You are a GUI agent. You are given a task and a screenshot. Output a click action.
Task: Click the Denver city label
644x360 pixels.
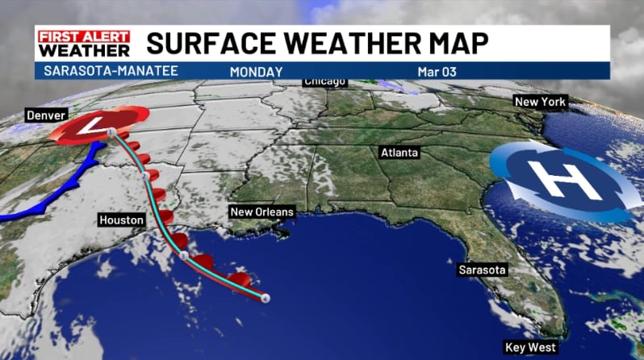point(45,115)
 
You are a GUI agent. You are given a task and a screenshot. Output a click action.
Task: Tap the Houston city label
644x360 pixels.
point(121,220)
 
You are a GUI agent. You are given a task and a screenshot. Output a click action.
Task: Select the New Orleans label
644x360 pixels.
point(262,212)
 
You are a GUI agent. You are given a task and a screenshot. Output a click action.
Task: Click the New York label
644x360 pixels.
point(541,102)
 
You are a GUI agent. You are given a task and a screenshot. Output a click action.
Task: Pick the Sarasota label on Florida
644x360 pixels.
point(483,269)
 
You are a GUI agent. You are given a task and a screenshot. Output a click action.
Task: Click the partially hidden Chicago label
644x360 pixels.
point(325,82)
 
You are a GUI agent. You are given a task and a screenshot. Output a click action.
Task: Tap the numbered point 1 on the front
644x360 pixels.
point(109,130)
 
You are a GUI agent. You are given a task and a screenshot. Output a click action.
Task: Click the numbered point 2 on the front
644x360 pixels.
point(144,175)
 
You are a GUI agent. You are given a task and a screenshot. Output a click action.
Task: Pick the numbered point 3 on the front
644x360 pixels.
point(183,257)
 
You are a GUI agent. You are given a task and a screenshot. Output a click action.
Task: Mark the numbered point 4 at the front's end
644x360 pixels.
point(266,298)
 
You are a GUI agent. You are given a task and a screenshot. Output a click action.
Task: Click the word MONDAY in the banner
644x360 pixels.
point(256,72)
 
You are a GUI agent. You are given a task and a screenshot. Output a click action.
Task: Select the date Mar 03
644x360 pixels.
point(437,72)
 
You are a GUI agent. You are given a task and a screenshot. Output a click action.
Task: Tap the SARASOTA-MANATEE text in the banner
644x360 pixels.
point(90,72)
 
